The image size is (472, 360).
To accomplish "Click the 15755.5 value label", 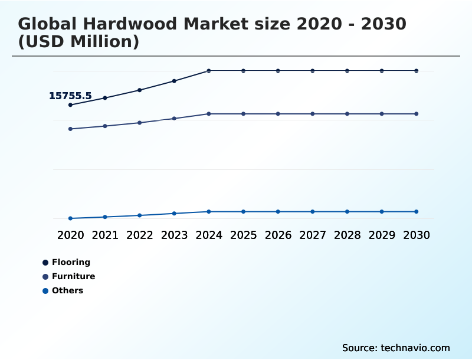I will tap(70, 96).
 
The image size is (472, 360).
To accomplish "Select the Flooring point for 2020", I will tap(70, 105).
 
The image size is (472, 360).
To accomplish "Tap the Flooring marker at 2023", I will tap(174, 81).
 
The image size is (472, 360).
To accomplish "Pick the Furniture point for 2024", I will tap(209, 114).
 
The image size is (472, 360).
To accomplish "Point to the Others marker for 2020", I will tap(70, 218).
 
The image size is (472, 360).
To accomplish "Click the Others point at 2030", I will tap(416, 211).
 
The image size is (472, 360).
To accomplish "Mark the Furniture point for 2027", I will tap(313, 114).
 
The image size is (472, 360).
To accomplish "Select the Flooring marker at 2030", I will tap(416, 71).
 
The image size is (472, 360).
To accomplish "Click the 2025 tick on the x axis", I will tap(243, 235).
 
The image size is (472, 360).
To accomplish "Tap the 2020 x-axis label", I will tap(70, 235).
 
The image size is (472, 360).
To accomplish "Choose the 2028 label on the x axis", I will tap(347, 235).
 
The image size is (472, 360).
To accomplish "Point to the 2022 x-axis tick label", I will tap(140, 235).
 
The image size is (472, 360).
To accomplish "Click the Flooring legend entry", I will tap(71, 262).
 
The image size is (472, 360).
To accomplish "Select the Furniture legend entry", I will tap(73, 276).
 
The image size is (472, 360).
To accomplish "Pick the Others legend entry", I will tap(67, 290).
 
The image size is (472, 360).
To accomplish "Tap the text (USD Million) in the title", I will tap(78, 42).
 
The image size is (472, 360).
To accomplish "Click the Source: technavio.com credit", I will tap(396, 348).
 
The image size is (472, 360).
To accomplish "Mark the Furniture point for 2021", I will tap(105, 126).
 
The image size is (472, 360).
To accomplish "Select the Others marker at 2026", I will tap(278, 211).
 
